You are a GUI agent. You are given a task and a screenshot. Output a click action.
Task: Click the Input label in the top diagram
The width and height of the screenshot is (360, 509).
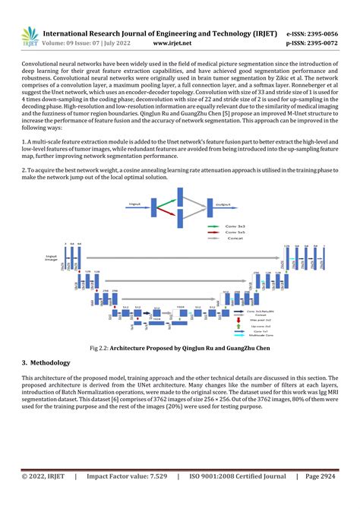[135, 204]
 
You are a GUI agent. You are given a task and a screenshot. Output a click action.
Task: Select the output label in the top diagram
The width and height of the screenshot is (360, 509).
[224, 204]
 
